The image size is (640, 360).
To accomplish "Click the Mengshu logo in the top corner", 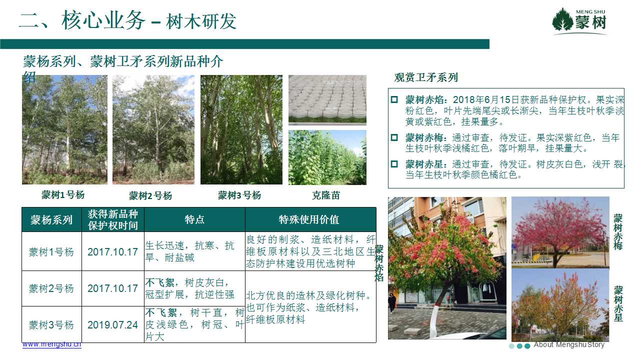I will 579,21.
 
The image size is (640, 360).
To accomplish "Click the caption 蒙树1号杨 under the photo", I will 63,195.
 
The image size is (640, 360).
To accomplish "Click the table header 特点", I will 194,219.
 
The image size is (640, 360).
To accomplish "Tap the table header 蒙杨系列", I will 51,220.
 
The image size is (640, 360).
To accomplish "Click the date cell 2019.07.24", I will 112,325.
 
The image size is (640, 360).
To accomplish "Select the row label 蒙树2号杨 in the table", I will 51,288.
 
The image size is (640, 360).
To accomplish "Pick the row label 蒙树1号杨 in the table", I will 51,252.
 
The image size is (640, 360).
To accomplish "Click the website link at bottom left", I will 52,344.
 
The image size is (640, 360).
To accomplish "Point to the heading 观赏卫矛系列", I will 426,77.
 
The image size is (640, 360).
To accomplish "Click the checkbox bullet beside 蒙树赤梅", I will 394,137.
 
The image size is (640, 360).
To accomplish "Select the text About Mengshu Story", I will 569,345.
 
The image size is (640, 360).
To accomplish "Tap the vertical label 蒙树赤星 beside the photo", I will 618,303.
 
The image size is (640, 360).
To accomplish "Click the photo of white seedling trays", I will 327,99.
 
